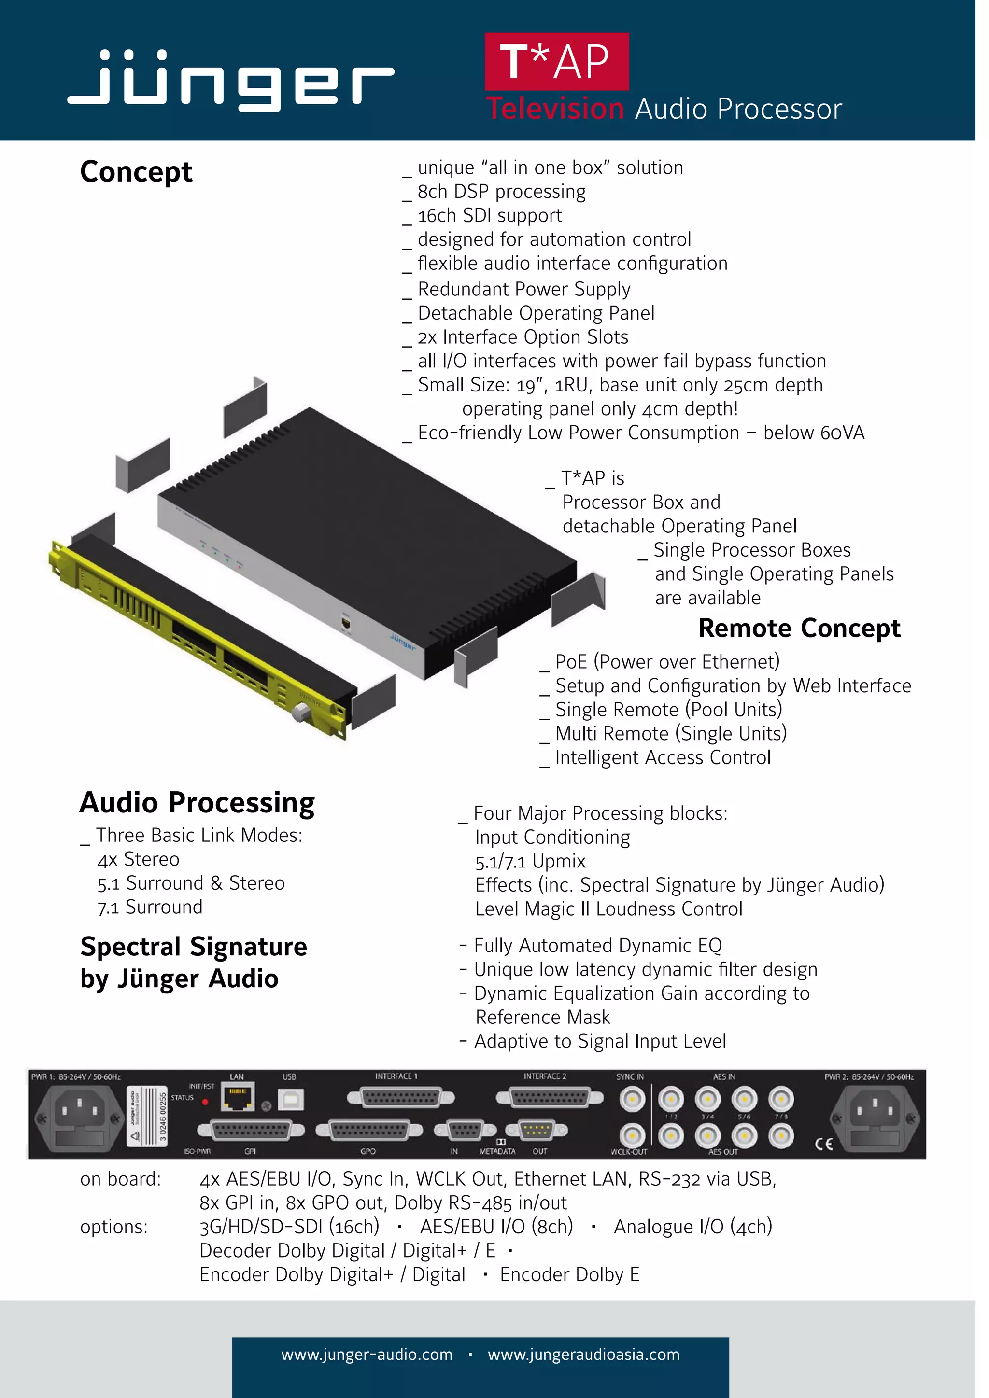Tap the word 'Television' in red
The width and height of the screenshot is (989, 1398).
click(x=555, y=109)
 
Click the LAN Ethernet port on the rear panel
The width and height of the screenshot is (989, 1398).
click(x=238, y=1098)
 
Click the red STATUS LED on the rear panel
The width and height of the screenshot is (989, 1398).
click(x=205, y=1102)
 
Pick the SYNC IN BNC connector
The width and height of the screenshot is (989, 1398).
click(x=632, y=1100)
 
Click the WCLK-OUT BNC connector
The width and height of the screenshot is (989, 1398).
click(x=632, y=1135)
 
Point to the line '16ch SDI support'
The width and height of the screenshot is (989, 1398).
click(x=489, y=216)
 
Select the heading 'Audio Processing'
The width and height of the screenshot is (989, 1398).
click(x=198, y=802)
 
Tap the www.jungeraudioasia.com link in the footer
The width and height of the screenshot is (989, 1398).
click(x=583, y=1354)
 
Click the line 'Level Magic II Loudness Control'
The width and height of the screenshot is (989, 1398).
click(x=608, y=909)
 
